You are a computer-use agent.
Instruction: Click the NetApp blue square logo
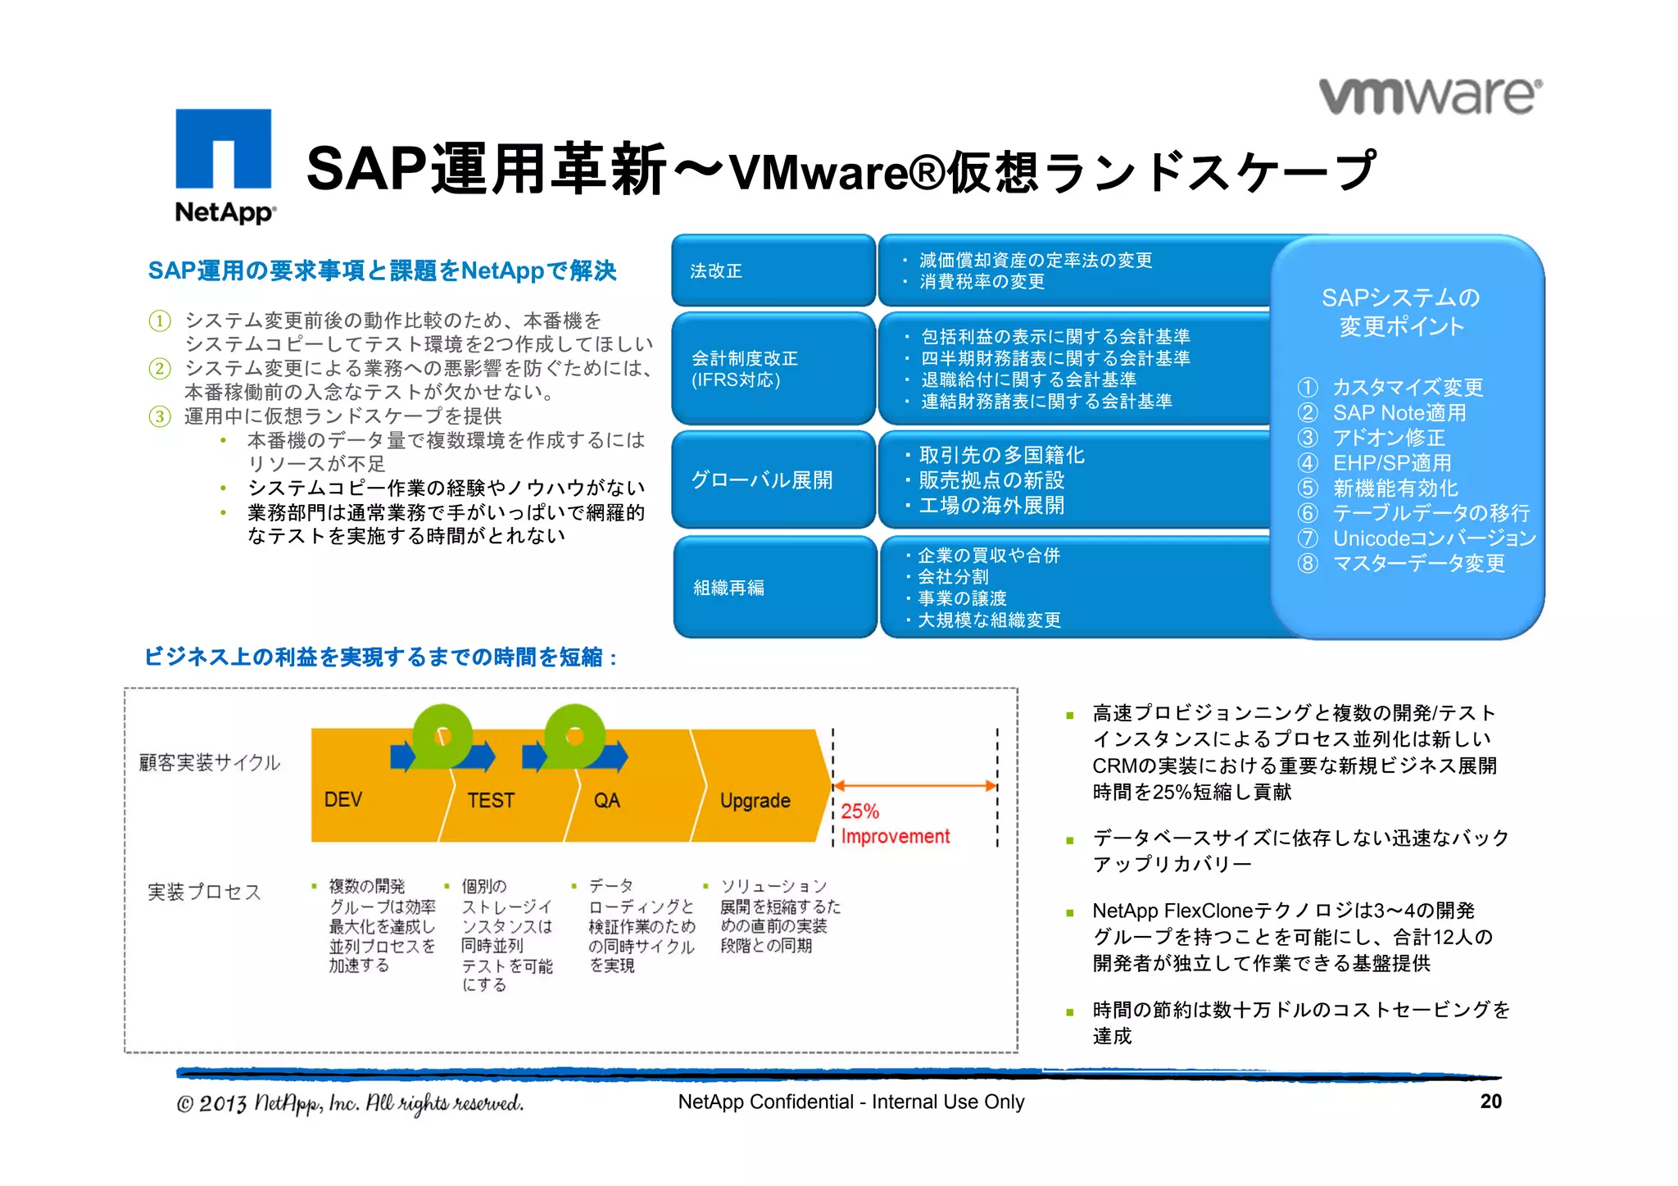223,149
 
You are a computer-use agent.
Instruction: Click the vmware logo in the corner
1430,96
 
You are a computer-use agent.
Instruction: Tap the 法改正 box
773,270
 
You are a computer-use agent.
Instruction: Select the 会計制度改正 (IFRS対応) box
773,369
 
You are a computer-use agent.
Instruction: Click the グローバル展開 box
773,479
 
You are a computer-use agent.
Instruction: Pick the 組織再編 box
774,587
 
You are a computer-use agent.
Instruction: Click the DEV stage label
342,800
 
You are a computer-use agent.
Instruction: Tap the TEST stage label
491,800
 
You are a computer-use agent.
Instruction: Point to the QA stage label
606,800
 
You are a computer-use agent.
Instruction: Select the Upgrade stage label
755,800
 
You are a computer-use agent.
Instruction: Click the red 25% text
859,811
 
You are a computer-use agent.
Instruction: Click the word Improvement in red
895,837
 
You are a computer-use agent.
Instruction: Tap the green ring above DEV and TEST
442,735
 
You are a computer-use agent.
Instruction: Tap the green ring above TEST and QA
574,735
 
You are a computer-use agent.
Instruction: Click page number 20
1490,1102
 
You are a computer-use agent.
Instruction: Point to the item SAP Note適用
1399,412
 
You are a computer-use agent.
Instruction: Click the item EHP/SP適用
1391,463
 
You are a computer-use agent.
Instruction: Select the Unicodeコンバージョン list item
1433,538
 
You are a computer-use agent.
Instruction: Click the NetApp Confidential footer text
850,1102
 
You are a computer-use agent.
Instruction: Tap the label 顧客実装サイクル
210,763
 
